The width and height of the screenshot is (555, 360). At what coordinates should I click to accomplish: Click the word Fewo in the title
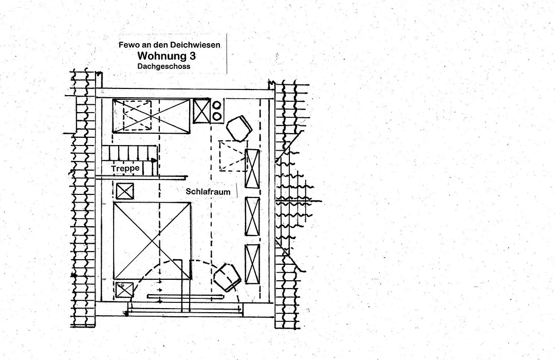click(126, 45)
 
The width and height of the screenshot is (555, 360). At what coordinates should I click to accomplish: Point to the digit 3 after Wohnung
click(193, 56)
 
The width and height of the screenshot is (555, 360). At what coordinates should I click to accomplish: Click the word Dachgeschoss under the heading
click(164, 66)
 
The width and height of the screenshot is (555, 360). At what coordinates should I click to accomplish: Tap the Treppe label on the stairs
click(125, 168)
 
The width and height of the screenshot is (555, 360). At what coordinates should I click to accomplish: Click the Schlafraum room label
click(208, 192)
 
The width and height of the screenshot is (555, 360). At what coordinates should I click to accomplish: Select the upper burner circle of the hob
click(217, 105)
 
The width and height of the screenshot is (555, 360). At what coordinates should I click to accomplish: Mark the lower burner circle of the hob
click(217, 116)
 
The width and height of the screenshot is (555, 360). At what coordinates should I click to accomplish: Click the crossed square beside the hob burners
click(202, 111)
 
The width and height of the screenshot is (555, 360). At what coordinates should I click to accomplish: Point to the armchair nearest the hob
click(239, 128)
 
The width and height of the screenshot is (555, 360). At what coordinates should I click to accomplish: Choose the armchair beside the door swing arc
click(227, 277)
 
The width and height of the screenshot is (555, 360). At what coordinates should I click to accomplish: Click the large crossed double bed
click(152, 241)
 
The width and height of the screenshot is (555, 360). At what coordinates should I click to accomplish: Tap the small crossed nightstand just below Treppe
click(125, 191)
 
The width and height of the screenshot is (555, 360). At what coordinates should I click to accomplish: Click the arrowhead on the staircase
click(154, 160)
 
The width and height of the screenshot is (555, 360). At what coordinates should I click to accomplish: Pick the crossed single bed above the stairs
click(151, 116)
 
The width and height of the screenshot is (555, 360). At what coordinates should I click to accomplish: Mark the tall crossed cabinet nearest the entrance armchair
click(252, 264)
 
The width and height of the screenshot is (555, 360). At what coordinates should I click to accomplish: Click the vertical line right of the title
click(227, 53)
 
